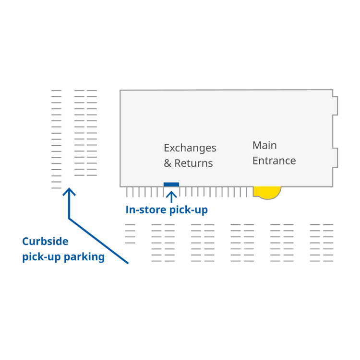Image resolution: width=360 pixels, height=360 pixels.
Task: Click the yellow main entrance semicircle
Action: tap(267, 192)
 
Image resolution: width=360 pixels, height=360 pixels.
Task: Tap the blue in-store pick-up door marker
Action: tap(171, 185)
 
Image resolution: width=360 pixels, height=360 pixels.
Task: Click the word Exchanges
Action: tap(190, 148)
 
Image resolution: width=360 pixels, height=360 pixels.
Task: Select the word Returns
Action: tap(193, 163)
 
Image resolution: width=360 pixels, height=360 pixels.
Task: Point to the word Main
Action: tap(264, 145)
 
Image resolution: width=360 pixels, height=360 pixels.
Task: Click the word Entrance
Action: tap(274, 161)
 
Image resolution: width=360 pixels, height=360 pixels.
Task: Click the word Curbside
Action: tap(45, 242)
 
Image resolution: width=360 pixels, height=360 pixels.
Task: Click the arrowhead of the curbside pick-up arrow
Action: tap(70, 192)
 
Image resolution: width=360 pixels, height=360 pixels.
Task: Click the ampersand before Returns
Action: tap(168, 163)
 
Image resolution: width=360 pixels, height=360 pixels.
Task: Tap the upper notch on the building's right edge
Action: tap(336, 105)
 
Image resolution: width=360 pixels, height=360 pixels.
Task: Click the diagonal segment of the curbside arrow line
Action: tap(98, 241)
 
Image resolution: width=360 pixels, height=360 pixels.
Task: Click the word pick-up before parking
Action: tap(40, 257)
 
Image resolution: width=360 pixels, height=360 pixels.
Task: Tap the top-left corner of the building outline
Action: tap(120, 91)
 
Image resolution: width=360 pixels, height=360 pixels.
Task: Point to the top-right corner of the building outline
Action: tap(333, 90)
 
